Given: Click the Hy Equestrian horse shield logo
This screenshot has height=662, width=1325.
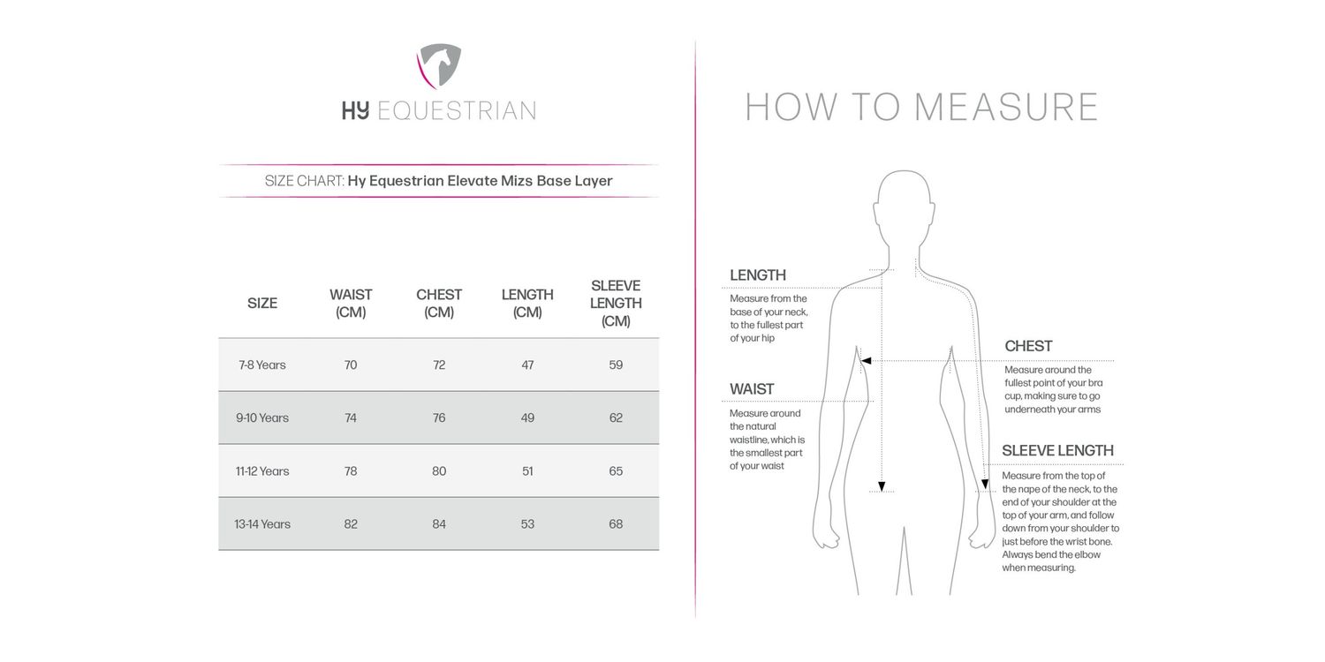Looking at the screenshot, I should (x=439, y=67).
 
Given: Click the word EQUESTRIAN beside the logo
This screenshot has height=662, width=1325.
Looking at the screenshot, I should (x=456, y=110).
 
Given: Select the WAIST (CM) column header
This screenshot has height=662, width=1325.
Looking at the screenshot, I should (x=351, y=303).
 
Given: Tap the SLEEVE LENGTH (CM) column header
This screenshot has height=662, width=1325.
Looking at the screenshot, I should (x=616, y=303).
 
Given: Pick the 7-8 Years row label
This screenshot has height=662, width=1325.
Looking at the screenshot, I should (x=262, y=365).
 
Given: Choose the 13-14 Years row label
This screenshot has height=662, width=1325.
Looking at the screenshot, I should (x=262, y=523).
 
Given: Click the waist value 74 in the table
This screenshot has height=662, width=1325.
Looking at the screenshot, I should (x=351, y=418).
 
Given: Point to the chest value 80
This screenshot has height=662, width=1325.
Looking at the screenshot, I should (x=439, y=470).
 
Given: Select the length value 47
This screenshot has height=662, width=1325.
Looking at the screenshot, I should (x=527, y=365).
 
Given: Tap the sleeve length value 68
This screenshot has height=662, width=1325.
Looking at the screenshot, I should (x=616, y=523).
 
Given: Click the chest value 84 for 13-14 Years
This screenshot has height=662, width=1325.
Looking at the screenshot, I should (x=439, y=523).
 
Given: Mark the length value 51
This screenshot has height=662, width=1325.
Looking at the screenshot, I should (x=527, y=470).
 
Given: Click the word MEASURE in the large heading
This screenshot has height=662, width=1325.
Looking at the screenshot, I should (x=1006, y=107).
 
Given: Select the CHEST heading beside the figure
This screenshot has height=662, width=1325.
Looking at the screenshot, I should (x=1028, y=346).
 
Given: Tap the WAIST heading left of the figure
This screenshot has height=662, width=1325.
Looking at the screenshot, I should (x=752, y=389).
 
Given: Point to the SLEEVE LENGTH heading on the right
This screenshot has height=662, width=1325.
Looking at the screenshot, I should (x=1057, y=451).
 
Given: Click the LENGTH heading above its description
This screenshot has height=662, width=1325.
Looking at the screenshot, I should (x=757, y=275).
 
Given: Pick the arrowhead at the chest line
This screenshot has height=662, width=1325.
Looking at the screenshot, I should (x=867, y=361).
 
